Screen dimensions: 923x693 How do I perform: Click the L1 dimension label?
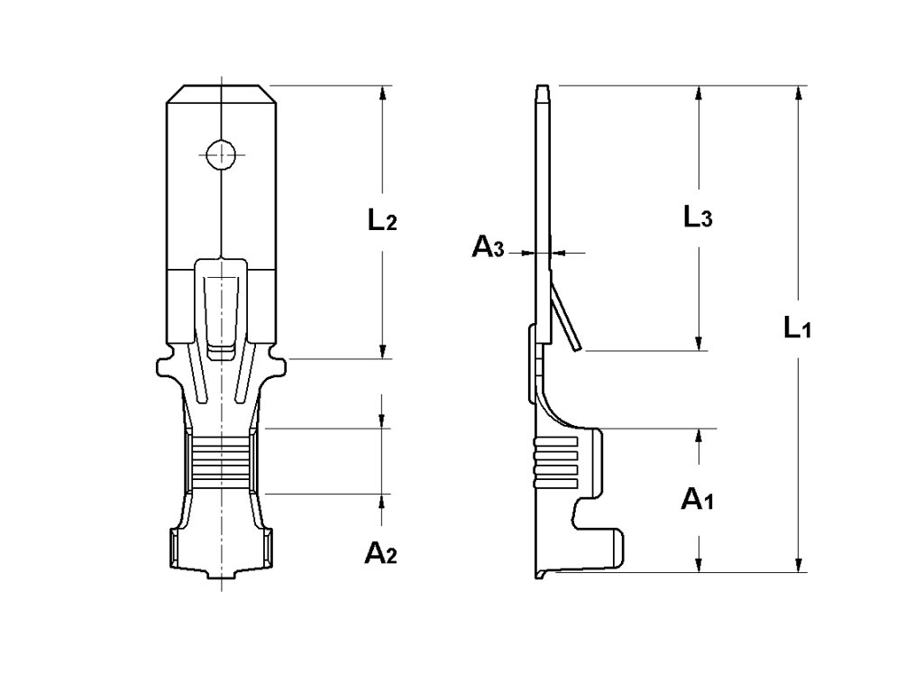(798, 328)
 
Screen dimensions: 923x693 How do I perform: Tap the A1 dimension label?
(697, 499)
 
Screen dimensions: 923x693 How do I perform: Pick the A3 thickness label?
(489, 248)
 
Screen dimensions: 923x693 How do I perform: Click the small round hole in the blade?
(220, 154)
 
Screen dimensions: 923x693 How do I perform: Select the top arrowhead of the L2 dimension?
(383, 93)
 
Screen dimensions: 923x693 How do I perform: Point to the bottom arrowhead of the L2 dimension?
(383, 351)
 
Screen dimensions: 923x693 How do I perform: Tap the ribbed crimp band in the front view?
(221, 461)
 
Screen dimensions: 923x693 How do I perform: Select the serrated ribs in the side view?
(555, 461)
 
